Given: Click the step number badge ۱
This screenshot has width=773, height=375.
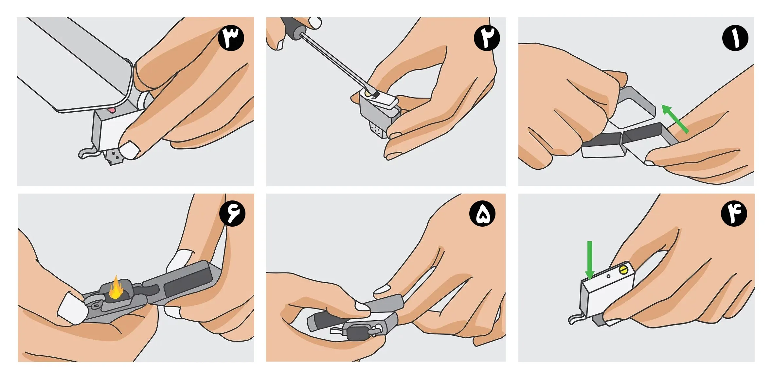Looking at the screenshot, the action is tap(735, 38).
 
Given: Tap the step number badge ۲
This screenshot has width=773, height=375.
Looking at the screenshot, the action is tap(487, 38).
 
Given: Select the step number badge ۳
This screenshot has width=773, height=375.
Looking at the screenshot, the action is tap(231, 38).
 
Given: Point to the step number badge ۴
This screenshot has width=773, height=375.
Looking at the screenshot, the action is tap(734, 214).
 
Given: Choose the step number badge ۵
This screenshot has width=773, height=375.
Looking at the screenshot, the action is tap(482, 214).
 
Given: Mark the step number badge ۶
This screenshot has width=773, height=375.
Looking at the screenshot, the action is tap(232, 214).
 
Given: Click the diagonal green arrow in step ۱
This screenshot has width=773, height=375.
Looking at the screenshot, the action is tap(675, 119).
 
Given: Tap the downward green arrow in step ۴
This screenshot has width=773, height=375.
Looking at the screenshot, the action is tap(590, 261).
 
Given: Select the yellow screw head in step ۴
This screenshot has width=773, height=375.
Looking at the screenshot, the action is tap(623, 270).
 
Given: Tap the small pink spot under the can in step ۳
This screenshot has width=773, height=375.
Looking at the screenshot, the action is tap(112, 110).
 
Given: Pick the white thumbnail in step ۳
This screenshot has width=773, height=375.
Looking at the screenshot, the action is tap(130, 150).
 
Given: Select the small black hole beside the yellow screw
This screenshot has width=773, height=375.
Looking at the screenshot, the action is tap(608, 276).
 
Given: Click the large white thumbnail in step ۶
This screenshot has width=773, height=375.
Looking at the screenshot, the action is tap(73, 308).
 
